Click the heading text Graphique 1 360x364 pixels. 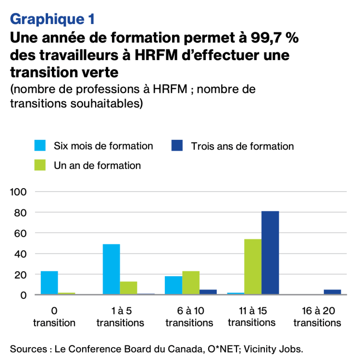pos(51,19)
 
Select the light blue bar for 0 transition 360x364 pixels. pos(50,283)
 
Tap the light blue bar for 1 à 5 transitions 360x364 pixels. pos(112,269)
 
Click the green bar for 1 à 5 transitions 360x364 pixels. pos(129,288)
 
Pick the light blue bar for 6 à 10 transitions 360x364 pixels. pos(174,285)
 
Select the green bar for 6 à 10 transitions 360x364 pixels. pos(191,283)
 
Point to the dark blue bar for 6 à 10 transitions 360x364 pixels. pos(208,292)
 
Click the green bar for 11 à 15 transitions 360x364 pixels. pos(253,267)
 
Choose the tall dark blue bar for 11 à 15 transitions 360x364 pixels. pos(270,253)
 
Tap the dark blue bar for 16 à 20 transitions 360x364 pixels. pos(332,292)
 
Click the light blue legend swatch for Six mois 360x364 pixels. pos(40,146)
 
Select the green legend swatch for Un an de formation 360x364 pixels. pos(40,165)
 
